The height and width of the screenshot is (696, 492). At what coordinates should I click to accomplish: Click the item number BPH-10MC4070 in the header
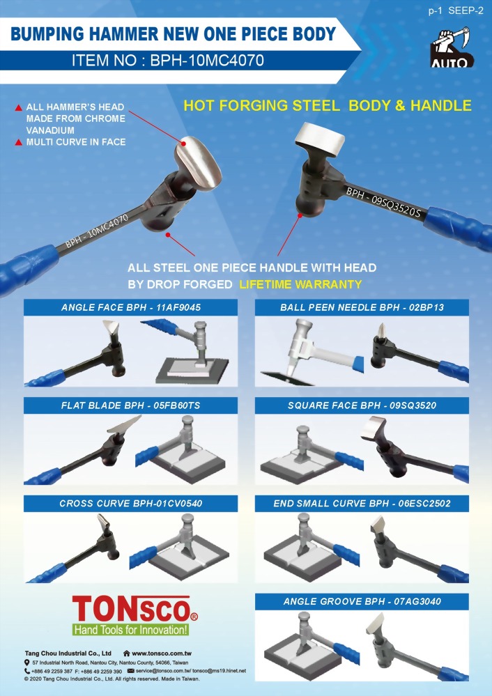(207, 60)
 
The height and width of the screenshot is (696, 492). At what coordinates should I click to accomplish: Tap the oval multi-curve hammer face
(199, 163)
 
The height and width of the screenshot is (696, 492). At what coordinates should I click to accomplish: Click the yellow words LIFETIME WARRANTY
(300, 284)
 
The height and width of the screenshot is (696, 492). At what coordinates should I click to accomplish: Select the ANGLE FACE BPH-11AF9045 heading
(130, 307)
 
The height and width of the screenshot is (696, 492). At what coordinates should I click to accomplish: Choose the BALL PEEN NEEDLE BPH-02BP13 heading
(362, 307)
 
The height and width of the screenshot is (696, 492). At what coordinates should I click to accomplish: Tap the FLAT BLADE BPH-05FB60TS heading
(130, 405)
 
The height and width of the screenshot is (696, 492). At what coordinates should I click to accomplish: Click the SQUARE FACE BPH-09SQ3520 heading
(362, 405)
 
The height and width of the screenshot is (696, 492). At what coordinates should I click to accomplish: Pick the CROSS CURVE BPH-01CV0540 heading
(130, 503)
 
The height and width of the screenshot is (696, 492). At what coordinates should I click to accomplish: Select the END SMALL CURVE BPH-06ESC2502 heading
(362, 503)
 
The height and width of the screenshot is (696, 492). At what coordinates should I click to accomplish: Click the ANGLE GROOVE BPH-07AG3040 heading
(362, 601)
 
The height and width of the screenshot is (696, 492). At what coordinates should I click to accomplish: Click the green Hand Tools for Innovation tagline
(130, 629)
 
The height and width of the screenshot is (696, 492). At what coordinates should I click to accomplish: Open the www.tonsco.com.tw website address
(162, 654)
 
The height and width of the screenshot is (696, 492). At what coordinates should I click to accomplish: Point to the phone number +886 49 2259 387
(52, 671)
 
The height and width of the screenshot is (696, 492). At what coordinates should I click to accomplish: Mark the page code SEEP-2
(466, 10)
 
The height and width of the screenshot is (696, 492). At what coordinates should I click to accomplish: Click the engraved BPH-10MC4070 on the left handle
(97, 231)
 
